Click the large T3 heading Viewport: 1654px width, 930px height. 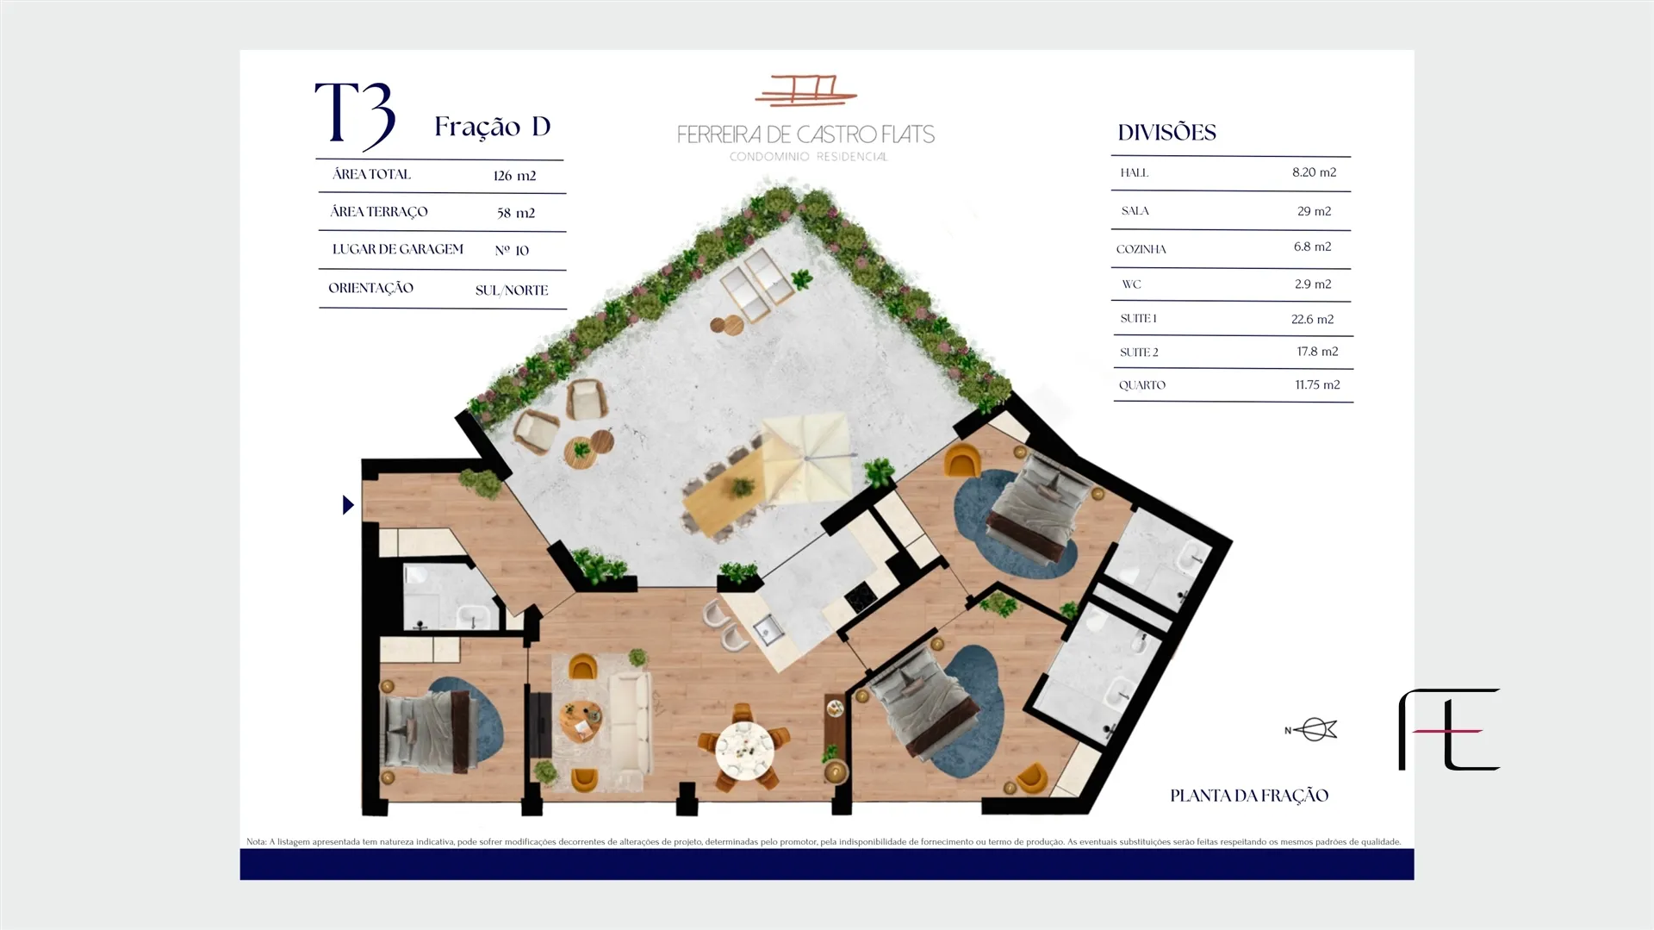[355, 115]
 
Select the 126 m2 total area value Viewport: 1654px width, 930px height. [514, 176]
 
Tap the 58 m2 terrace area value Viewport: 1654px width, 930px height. [515, 213]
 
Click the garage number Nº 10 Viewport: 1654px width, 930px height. [512, 251]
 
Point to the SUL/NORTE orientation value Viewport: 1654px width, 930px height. [512, 290]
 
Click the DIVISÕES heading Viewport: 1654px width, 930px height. [1166, 133]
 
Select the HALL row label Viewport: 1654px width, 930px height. [1135, 173]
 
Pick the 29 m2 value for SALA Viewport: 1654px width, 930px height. [1314, 211]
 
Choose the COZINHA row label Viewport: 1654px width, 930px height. [1141, 250]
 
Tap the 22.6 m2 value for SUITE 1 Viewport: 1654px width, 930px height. [1312, 320]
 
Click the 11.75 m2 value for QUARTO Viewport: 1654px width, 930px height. [1317, 385]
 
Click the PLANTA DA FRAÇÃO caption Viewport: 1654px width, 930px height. [1249, 796]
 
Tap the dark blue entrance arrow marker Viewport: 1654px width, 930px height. [348, 505]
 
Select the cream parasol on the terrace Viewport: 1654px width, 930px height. [805, 459]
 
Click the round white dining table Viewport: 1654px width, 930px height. [744, 751]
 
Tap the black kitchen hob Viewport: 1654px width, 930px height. [860, 596]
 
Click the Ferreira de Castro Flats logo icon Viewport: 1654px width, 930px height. [805, 91]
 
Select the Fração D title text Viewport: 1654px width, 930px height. [492, 127]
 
